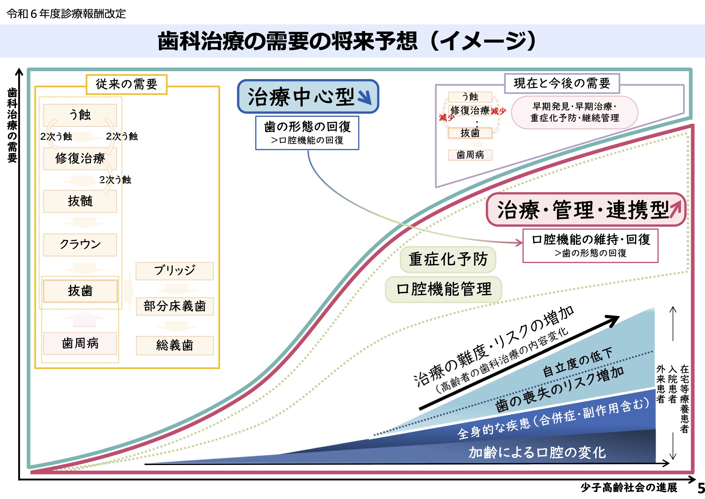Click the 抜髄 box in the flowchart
tap(80, 201)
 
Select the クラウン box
tap(80, 245)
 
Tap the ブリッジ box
tap(174, 271)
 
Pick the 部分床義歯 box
tap(174, 306)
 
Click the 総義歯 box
tap(175, 346)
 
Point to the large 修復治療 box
tap(80, 159)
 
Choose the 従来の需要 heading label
tap(127, 84)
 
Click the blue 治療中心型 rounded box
tap(308, 97)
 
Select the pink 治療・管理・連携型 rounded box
tap(586, 210)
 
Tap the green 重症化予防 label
tap(448, 259)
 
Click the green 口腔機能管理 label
tap(444, 289)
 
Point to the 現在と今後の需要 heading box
tap(562, 83)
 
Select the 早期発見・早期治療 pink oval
tap(574, 112)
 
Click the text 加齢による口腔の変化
tap(537, 453)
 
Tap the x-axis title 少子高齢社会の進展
tap(629, 488)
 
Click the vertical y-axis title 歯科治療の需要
tap(12, 125)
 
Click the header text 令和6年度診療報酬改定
tap(66, 14)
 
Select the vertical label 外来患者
tap(660, 384)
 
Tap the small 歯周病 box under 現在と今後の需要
tap(470, 155)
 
